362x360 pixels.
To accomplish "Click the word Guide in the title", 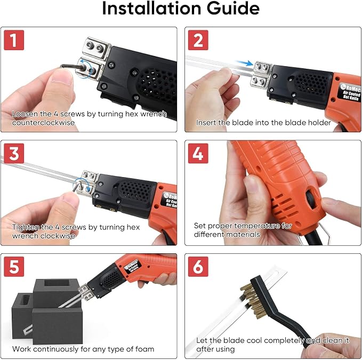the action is point(233,9).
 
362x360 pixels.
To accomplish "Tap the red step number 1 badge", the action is point(14,40).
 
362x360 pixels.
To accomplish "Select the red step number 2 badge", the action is point(198,40).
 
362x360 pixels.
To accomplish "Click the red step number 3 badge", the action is point(14,153).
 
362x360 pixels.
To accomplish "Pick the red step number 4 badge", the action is point(198,153).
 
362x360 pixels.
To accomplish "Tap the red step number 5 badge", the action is point(14,267).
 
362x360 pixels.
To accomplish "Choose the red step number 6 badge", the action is point(198,267).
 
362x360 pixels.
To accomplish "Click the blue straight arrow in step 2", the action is point(244,62).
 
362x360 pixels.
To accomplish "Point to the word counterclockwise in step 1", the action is point(43,122).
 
